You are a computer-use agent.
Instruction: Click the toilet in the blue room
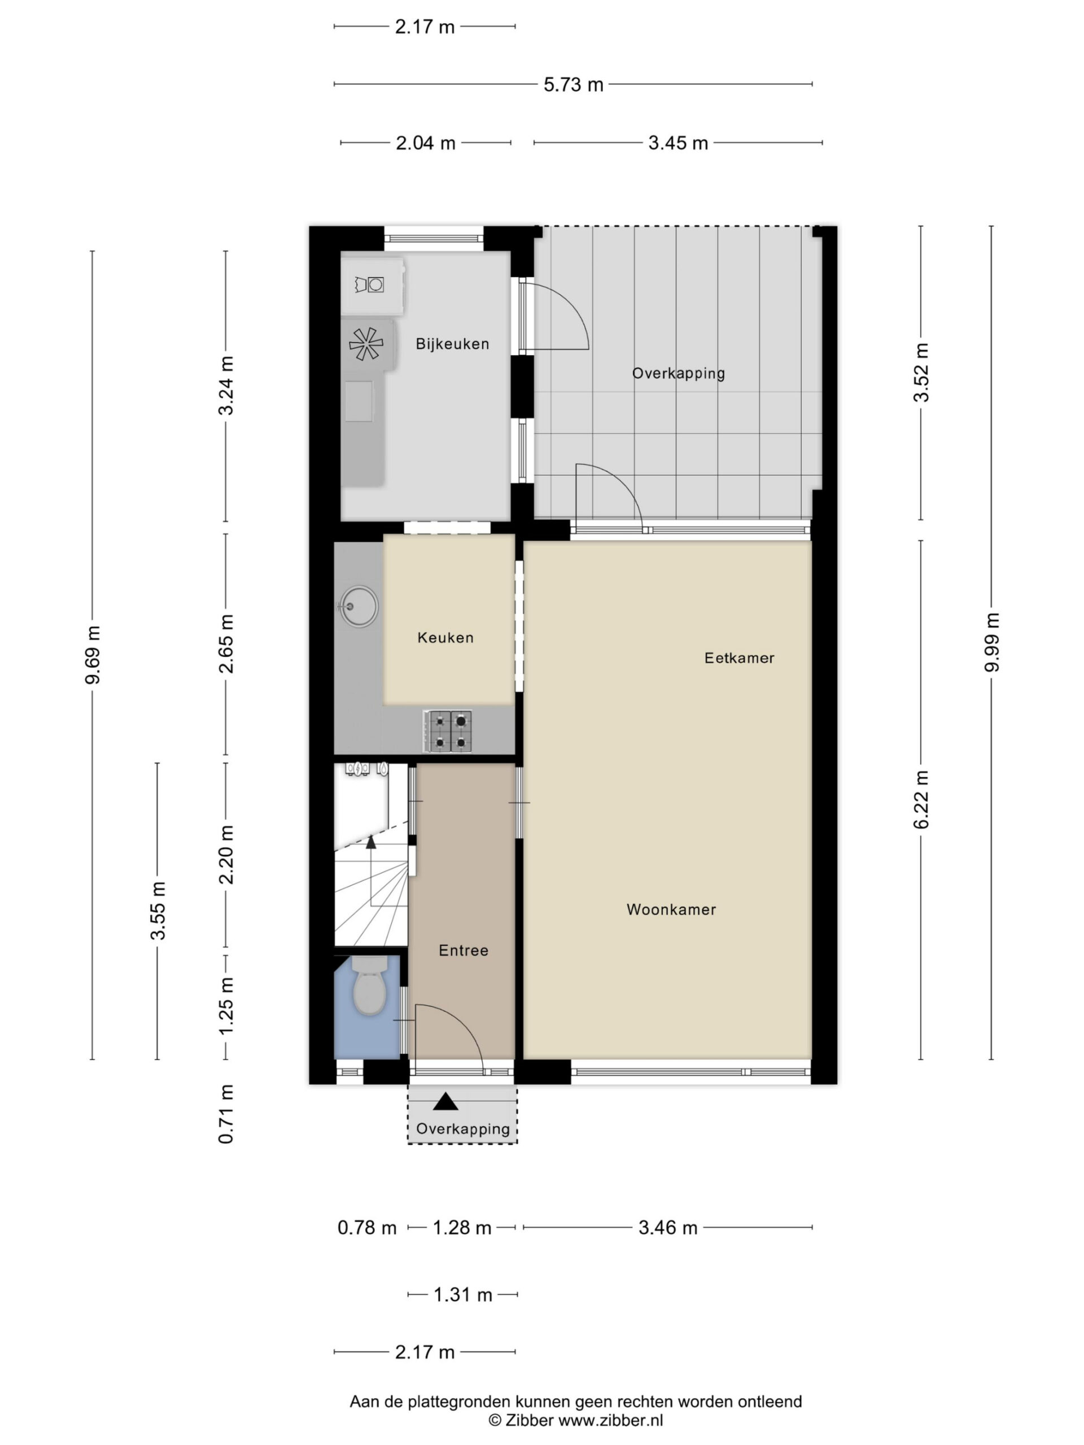pyautogui.click(x=370, y=985)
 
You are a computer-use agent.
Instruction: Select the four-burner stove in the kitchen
pyautogui.click(x=448, y=731)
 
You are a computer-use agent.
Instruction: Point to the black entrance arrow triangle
pyautogui.click(x=445, y=1101)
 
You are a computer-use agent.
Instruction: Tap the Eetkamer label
pyautogui.click(x=739, y=658)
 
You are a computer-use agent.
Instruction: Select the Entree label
pyautogui.click(x=464, y=951)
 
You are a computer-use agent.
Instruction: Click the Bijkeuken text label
pyautogui.click(x=452, y=344)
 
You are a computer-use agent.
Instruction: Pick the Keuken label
pyautogui.click(x=445, y=638)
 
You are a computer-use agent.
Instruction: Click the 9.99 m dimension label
pyautogui.click(x=992, y=643)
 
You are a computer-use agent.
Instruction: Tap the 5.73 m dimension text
pyautogui.click(x=573, y=85)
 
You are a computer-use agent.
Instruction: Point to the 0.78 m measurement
pyautogui.click(x=366, y=1228)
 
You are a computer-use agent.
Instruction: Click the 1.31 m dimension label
pyautogui.click(x=462, y=1295)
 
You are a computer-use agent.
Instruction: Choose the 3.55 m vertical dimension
pyautogui.click(x=158, y=910)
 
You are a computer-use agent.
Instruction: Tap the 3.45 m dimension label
pyautogui.click(x=677, y=143)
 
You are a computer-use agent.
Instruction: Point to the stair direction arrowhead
pyautogui.click(x=371, y=842)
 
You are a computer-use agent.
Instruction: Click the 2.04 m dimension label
pyautogui.click(x=425, y=143)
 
